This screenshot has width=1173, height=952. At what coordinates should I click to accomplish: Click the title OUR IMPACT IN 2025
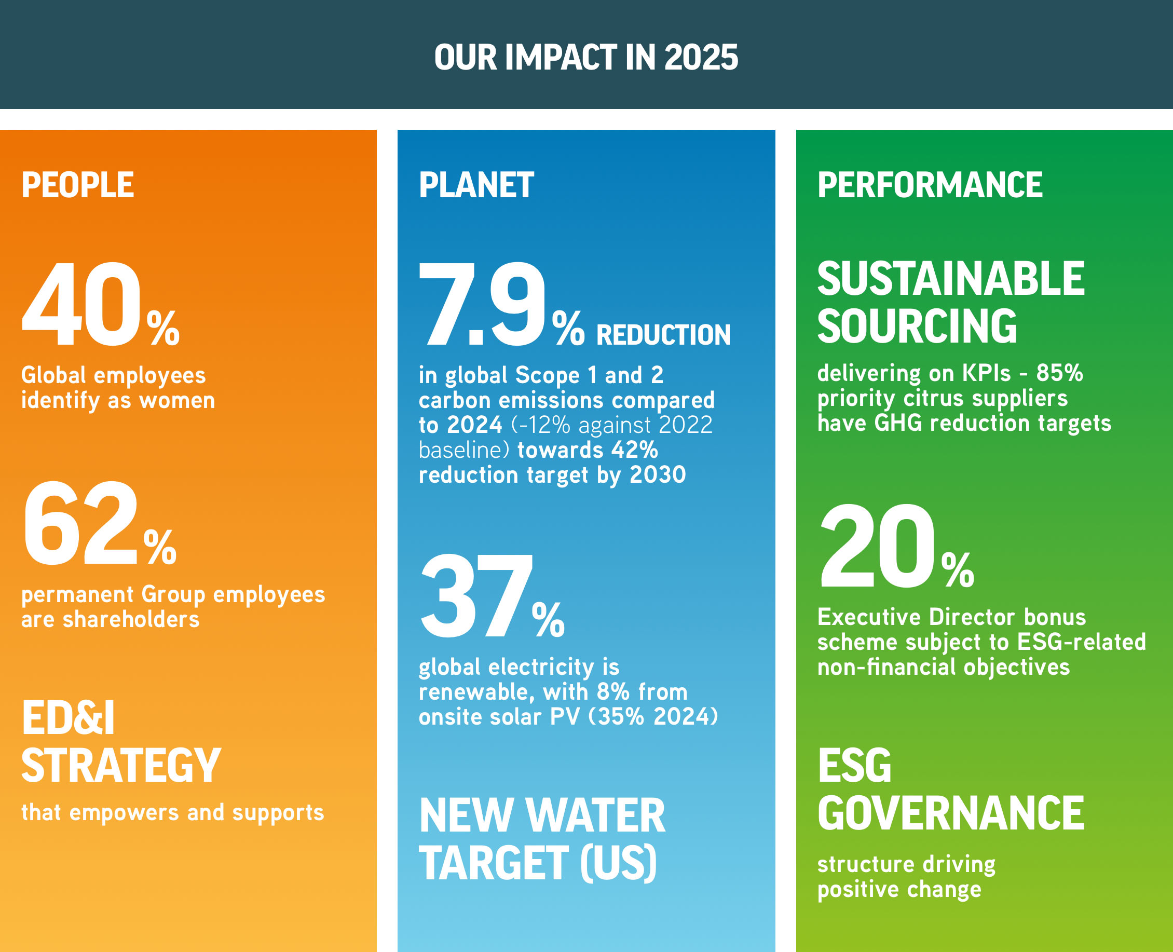point(586,58)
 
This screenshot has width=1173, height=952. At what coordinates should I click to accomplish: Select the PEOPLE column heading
point(77,185)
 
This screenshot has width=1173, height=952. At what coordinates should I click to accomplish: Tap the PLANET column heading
point(476,185)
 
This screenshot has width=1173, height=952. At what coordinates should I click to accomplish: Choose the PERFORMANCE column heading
point(930,185)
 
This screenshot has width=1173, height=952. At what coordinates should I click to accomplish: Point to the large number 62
point(81,523)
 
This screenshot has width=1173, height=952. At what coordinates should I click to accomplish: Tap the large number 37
point(476,596)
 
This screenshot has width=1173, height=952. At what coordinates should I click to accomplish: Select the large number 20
point(878,546)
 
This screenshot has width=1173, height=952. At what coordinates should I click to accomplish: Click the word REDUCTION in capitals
point(663,334)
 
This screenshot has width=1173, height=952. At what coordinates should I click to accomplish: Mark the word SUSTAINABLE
point(951,279)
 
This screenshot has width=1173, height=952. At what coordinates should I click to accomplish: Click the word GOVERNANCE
point(951,813)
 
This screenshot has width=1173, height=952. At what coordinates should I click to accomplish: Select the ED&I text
point(68,718)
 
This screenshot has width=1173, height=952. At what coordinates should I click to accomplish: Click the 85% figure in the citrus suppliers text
point(1059,373)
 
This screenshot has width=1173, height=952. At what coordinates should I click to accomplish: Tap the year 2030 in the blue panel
point(658,475)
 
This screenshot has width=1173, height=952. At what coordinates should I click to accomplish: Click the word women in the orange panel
point(177,401)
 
